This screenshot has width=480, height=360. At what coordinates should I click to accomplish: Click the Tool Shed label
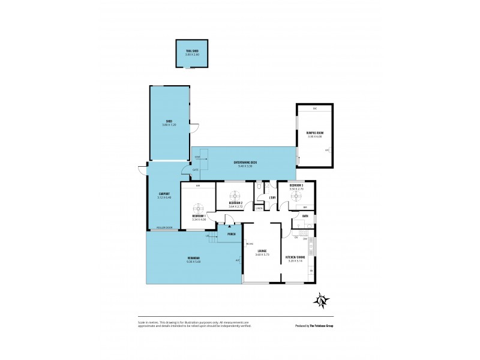pos(191,51)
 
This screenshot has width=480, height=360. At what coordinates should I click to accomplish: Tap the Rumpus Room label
pos(315,134)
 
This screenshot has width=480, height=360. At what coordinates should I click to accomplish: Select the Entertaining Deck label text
pos(245,163)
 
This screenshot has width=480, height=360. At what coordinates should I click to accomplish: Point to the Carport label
pos(164,194)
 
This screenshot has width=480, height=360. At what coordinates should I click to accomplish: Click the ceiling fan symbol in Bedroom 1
pos(199,203)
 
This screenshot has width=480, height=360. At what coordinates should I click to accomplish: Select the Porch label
pos(231,233)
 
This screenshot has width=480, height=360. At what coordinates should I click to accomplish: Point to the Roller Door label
pos(164,227)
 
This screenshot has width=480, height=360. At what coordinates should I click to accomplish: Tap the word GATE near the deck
pos(195,170)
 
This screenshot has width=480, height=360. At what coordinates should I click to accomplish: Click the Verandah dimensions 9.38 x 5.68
pos(193,261)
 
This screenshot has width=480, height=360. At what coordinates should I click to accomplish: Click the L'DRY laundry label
pos(272,198)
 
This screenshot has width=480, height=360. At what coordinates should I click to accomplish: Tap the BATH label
pos(305,216)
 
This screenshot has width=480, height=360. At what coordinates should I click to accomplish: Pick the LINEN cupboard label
pos(259,208)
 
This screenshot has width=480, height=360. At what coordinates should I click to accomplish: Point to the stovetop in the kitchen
pos(303,232)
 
